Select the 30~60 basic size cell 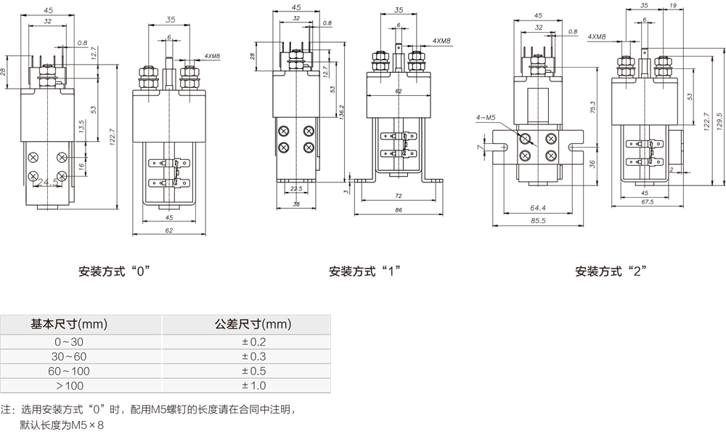69,356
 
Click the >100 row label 69,385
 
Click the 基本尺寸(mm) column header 69,324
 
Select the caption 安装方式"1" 365,273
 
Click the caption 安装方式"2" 611,273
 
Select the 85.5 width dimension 538,221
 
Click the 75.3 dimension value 592,108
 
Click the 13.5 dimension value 82,126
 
